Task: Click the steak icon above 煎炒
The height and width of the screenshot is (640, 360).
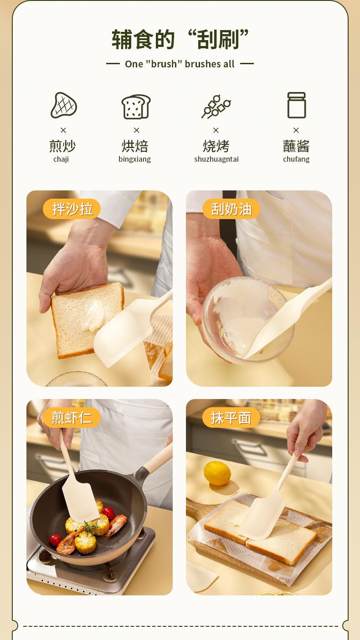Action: click(64, 105)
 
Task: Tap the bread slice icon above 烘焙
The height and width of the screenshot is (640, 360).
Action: click(136, 107)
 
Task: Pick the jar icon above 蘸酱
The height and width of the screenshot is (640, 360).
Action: click(296, 105)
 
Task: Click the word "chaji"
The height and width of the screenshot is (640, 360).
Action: click(61, 159)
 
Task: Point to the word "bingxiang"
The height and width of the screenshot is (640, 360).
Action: click(134, 159)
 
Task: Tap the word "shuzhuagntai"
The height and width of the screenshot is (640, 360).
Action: click(216, 159)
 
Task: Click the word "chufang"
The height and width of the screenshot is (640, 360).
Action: click(296, 159)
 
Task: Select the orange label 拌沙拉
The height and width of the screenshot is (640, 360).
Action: click(72, 209)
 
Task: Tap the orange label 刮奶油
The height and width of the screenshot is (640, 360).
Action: click(231, 209)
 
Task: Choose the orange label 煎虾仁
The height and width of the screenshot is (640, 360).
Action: click(72, 418)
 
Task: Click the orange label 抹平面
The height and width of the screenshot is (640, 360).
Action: click(231, 418)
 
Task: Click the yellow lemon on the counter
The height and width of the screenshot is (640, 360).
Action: click(217, 473)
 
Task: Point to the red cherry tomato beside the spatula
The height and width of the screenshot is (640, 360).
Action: click(108, 513)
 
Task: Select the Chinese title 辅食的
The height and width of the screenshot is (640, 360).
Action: click(143, 40)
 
